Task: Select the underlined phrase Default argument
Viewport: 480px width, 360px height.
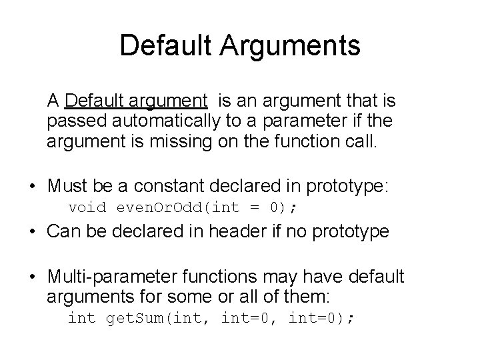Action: coord(137,101)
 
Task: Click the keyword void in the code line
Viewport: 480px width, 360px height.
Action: coord(87,207)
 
